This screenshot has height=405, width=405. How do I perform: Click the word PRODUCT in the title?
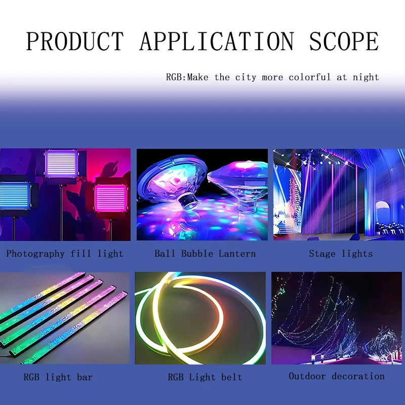coord(75,42)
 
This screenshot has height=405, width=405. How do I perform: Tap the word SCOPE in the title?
coord(344,42)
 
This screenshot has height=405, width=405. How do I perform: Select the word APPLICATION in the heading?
coord(217,42)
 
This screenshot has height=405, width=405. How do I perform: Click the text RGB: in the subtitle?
coord(176,77)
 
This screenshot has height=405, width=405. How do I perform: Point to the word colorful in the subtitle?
coord(310,77)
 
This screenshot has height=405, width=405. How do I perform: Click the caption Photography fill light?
coord(65,254)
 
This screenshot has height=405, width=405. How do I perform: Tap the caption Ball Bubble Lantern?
coord(205,254)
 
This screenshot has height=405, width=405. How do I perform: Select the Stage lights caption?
coord(341,254)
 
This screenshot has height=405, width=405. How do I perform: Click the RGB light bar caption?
coord(58,377)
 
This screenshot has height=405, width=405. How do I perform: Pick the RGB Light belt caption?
coord(205,377)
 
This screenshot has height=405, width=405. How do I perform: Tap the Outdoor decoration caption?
coord(337,376)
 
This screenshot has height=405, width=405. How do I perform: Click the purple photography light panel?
coord(61,164)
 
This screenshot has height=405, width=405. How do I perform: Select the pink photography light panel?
coord(110,198)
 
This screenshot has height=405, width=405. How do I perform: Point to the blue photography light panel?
coord(15,196)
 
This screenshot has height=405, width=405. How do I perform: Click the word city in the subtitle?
coord(246,77)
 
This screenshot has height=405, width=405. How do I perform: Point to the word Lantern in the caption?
coord(237,254)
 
